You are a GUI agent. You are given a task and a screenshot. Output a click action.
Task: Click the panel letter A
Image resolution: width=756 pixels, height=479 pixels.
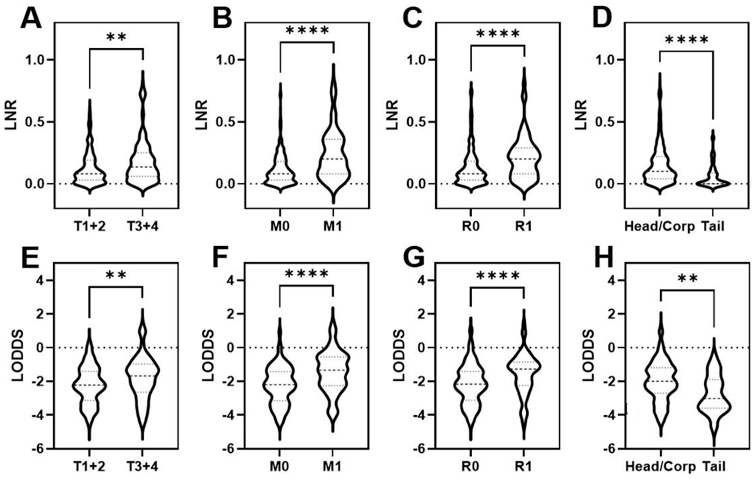coord(31,19)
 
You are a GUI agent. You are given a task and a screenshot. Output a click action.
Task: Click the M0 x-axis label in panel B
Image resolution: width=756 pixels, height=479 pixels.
coord(280,226)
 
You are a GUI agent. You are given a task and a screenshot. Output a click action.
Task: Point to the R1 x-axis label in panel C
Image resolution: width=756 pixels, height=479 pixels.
coord(523,226)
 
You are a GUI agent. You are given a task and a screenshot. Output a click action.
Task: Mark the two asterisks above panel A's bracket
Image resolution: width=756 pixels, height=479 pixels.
coord(116,37)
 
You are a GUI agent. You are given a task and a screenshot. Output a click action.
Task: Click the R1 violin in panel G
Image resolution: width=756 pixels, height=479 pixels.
coord(524,370)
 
